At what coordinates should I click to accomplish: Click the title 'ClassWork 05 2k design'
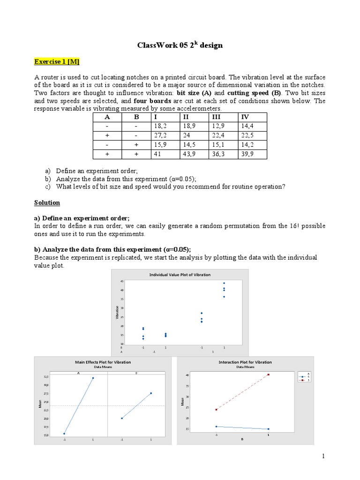pos(180,45)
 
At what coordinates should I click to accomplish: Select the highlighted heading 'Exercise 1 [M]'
pos(53,61)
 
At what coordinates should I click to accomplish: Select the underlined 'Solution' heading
pos(47,202)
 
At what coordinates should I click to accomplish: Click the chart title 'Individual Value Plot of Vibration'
pos(180,274)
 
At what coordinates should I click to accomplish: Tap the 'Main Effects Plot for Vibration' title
pos(103,362)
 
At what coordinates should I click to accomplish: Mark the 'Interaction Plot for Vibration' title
pos(245,362)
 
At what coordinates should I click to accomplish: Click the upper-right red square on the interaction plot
pos(269,375)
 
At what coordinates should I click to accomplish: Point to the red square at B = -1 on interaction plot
pos(217,409)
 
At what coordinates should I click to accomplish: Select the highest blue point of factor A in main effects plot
pos(93,378)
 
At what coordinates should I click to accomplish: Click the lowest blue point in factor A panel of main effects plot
pos(64,434)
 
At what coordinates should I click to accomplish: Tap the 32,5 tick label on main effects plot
pos(45,376)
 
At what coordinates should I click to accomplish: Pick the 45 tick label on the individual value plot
pos(122,281)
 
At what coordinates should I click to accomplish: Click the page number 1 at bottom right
pos(323,456)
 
